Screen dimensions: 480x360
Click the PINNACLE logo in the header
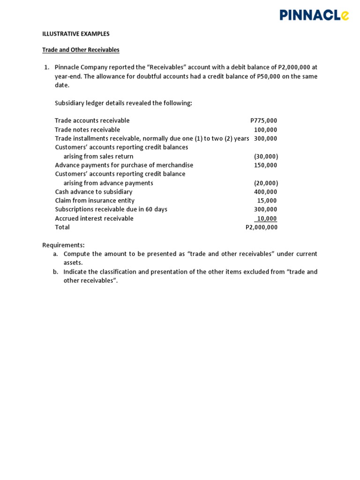point(314,15)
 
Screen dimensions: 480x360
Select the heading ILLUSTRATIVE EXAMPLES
point(76,34)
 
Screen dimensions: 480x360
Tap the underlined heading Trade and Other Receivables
point(81,50)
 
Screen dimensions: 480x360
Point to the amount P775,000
point(263,120)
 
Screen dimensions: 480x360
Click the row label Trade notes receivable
point(87,130)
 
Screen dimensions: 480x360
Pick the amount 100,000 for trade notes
point(265,130)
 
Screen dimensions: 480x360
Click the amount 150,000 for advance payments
point(265,165)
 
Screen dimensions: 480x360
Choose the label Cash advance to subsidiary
point(93,192)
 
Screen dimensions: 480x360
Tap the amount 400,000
point(265,192)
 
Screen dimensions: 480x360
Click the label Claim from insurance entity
point(94,201)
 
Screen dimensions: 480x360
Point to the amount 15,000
point(267,201)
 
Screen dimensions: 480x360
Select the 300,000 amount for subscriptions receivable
point(265,210)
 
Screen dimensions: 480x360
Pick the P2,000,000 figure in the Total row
point(262,227)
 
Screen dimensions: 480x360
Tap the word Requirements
point(63,245)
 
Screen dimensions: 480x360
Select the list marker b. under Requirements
point(55,272)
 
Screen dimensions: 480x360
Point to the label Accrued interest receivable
point(94,218)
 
